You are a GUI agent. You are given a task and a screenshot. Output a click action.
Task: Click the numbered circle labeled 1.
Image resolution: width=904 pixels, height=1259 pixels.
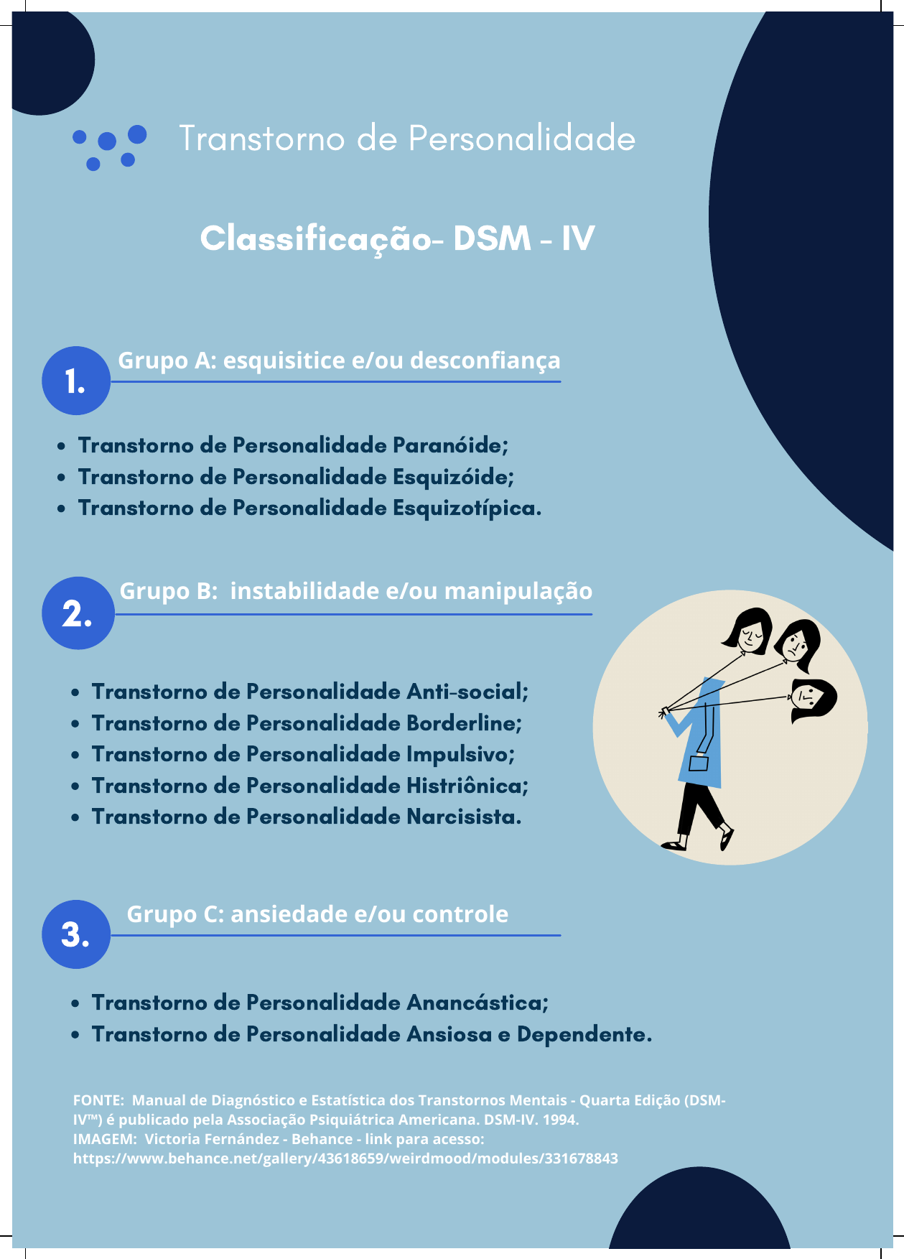(x=76, y=381)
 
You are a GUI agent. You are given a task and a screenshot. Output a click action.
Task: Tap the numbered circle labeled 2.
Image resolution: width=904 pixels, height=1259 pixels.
(x=78, y=613)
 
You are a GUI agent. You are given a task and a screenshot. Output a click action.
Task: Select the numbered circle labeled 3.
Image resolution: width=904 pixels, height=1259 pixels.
(x=76, y=934)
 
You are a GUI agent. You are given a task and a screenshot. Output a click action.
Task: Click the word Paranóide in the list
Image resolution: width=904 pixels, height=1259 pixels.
(x=450, y=445)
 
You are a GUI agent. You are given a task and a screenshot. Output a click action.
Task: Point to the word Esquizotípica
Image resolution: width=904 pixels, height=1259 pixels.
(x=467, y=508)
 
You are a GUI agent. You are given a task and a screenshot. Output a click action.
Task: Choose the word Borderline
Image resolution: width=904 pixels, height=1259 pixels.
(x=464, y=723)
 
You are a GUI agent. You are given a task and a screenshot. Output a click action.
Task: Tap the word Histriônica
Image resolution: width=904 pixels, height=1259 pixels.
(x=467, y=786)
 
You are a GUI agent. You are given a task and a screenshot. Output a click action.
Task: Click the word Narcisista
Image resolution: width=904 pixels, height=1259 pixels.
(x=464, y=817)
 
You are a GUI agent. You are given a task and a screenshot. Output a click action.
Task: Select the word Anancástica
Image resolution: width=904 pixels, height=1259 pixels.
(x=477, y=1003)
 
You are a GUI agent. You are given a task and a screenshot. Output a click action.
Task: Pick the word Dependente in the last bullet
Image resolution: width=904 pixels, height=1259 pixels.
(x=584, y=1034)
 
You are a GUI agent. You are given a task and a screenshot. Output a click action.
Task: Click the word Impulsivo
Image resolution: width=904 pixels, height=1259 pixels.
(x=460, y=754)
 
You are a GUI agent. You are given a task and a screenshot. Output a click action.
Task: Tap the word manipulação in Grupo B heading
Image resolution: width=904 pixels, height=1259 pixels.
(x=518, y=591)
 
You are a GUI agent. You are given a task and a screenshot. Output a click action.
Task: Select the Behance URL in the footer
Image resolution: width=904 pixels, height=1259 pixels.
(x=345, y=1158)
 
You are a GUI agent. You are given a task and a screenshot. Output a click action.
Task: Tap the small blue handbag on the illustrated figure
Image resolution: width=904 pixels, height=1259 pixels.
(x=698, y=763)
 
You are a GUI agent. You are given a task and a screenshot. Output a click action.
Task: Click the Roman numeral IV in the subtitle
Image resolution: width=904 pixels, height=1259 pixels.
(x=577, y=238)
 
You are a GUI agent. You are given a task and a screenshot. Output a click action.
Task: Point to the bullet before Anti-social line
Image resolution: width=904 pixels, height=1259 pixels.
(x=75, y=692)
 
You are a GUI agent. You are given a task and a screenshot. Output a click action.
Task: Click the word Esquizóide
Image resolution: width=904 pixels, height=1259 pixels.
(x=453, y=477)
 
